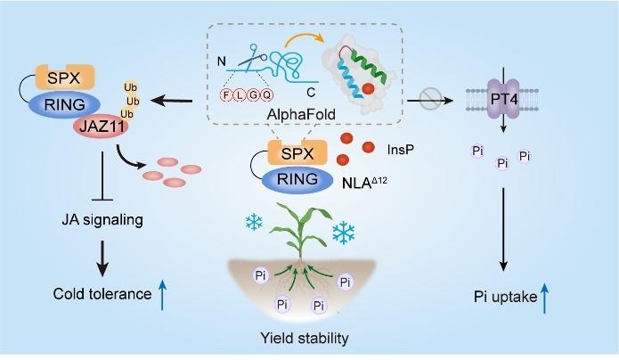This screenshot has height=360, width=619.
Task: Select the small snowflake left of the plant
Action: [255, 220]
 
